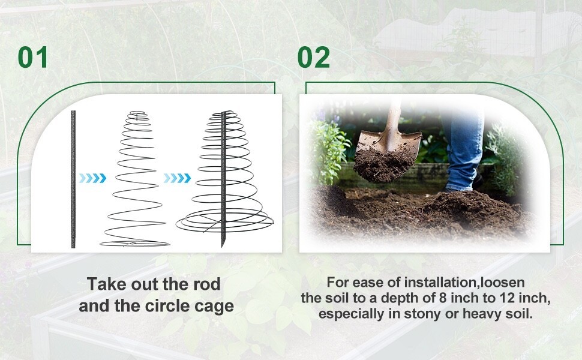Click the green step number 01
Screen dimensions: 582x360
[32, 57]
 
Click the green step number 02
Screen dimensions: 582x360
[314, 57]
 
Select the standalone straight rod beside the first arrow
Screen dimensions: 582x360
[73, 179]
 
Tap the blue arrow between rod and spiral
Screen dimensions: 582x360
[92, 178]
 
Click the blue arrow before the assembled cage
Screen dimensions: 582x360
[177, 178]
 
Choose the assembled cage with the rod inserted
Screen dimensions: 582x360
[224, 178]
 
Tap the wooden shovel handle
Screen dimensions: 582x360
[393, 118]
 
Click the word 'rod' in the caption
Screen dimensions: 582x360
[207, 284]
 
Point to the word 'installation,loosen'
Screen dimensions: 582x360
[464, 283]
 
